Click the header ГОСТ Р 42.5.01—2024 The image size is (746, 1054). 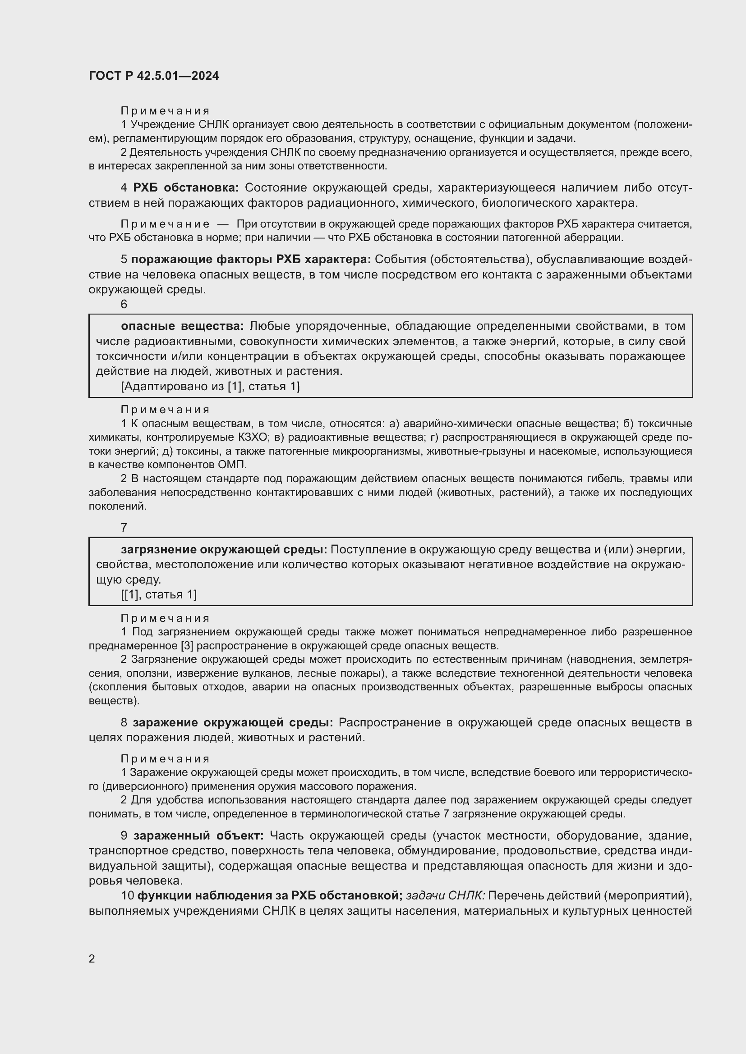(x=154, y=76)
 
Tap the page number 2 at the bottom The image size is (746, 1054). (x=92, y=958)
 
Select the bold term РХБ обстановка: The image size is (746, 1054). (x=186, y=188)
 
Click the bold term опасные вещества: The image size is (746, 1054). (x=182, y=326)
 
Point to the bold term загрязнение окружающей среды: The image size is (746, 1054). (x=224, y=549)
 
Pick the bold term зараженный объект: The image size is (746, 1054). (x=198, y=835)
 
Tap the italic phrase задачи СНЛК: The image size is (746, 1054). (x=446, y=896)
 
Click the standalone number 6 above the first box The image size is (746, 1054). (x=124, y=304)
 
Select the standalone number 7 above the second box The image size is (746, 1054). (x=124, y=528)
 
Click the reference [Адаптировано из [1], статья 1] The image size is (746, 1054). (x=210, y=387)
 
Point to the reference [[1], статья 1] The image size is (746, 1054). (x=158, y=595)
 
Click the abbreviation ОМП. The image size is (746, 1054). (x=235, y=465)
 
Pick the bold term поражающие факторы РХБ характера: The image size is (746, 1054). (x=251, y=260)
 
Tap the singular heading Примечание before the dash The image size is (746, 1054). (x=165, y=224)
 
